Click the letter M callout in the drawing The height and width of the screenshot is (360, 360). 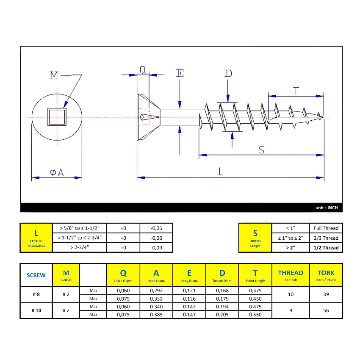(x=54, y=75)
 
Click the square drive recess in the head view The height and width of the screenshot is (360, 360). (x=57, y=116)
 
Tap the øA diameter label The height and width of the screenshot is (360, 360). (x=57, y=172)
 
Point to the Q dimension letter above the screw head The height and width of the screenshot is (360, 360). (x=143, y=70)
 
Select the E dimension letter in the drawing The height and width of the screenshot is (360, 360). (x=180, y=73)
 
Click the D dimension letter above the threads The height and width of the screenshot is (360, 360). (x=228, y=73)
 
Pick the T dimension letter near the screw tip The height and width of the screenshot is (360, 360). (x=296, y=90)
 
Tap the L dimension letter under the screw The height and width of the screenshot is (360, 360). (x=221, y=171)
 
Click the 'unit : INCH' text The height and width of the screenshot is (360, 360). (x=327, y=208)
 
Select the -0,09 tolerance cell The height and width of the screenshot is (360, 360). (x=156, y=247)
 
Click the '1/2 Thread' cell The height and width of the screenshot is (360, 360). (x=326, y=247)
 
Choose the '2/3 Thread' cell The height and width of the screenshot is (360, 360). (x=326, y=238)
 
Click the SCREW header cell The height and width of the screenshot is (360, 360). (x=36, y=275)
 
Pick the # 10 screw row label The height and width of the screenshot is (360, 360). (x=36, y=310)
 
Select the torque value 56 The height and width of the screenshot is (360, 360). (x=326, y=310)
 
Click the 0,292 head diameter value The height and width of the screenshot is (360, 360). (x=156, y=291)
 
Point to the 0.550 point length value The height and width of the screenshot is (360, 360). (x=255, y=315)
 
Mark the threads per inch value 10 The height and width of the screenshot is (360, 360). (x=291, y=294)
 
